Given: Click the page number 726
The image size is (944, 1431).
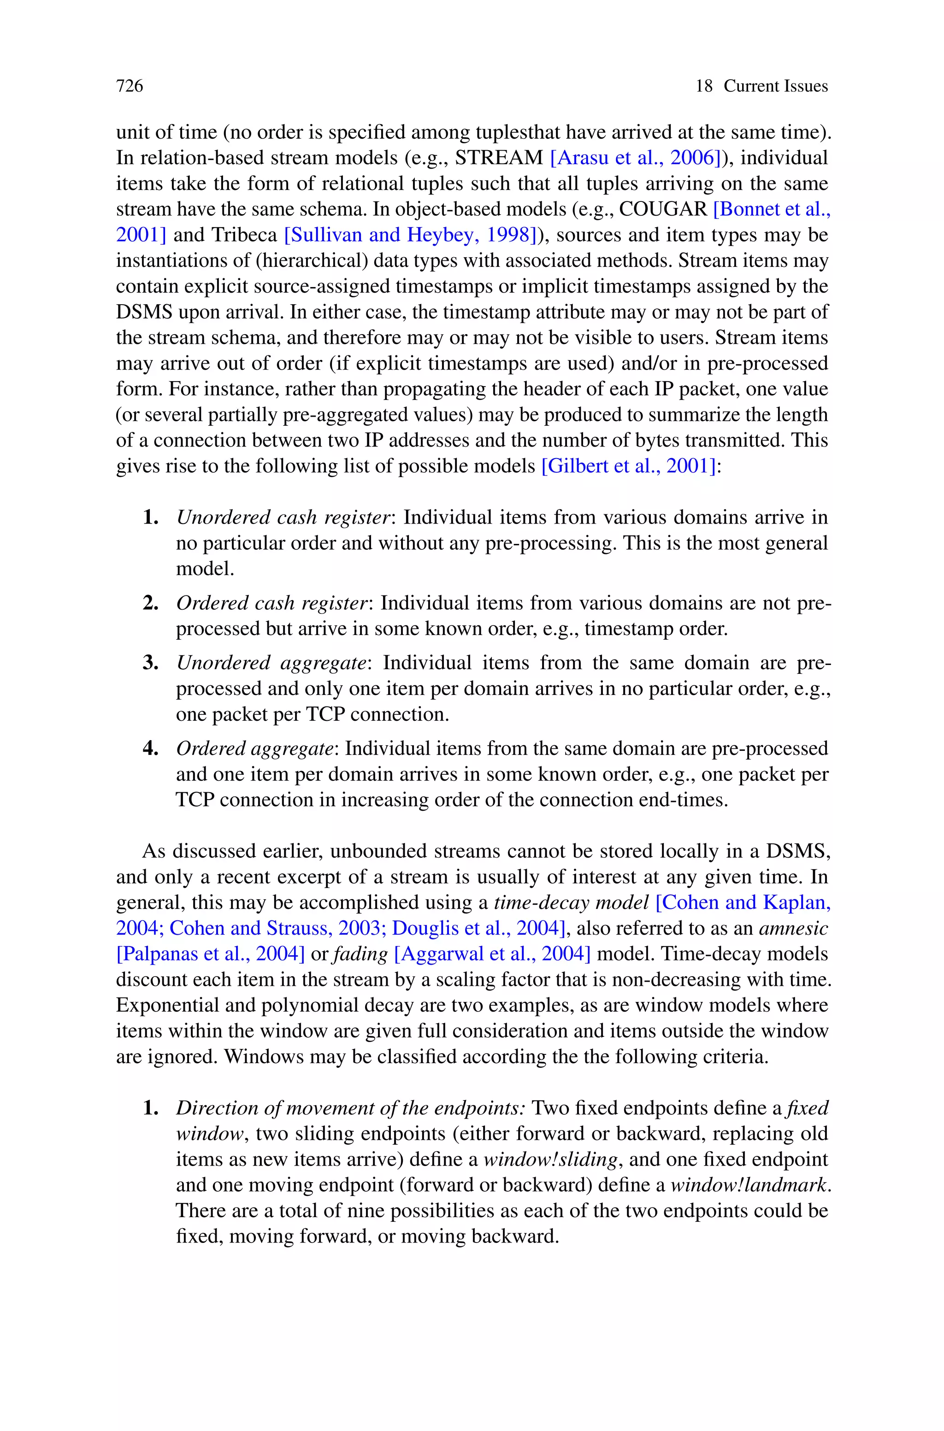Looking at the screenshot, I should pos(130,86).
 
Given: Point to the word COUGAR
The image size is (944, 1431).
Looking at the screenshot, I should pos(662,209).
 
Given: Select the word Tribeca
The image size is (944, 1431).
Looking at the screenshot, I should pos(244,235).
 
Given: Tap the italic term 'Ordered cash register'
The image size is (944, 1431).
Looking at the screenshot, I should pos(272,603).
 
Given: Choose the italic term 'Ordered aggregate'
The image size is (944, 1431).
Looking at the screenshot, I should pos(254,748).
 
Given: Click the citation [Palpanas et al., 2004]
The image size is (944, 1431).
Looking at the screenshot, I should pos(211,954).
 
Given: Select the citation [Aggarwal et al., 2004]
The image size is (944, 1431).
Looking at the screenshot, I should pos(492,954).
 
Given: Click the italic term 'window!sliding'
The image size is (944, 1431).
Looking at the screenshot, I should pos(550,1160).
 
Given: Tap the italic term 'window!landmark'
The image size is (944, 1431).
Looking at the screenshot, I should pos(749,1185).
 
